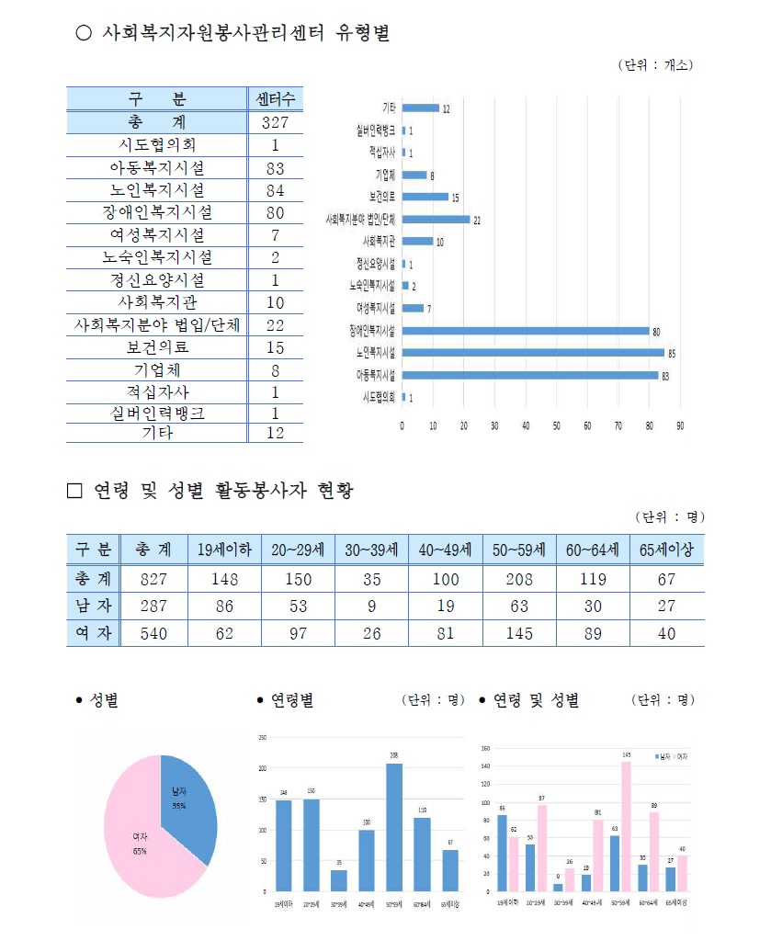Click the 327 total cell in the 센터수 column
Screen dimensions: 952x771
tap(275, 122)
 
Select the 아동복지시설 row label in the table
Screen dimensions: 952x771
tap(157, 168)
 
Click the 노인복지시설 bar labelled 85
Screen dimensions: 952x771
tap(533, 352)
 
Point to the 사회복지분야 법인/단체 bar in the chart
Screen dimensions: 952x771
tap(436, 219)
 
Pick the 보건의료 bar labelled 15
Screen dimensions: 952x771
tap(425, 196)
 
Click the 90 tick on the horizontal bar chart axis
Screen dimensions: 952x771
tap(680, 426)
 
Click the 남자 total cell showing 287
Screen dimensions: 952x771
tap(153, 606)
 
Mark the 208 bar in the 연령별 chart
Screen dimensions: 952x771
tap(394, 827)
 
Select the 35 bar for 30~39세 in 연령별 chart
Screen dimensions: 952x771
tap(339, 880)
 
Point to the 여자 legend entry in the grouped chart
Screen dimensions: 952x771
tap(681, 755)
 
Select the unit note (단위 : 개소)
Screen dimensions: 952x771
tap(655, 65)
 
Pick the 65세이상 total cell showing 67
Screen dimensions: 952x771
tap(666, 579)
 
